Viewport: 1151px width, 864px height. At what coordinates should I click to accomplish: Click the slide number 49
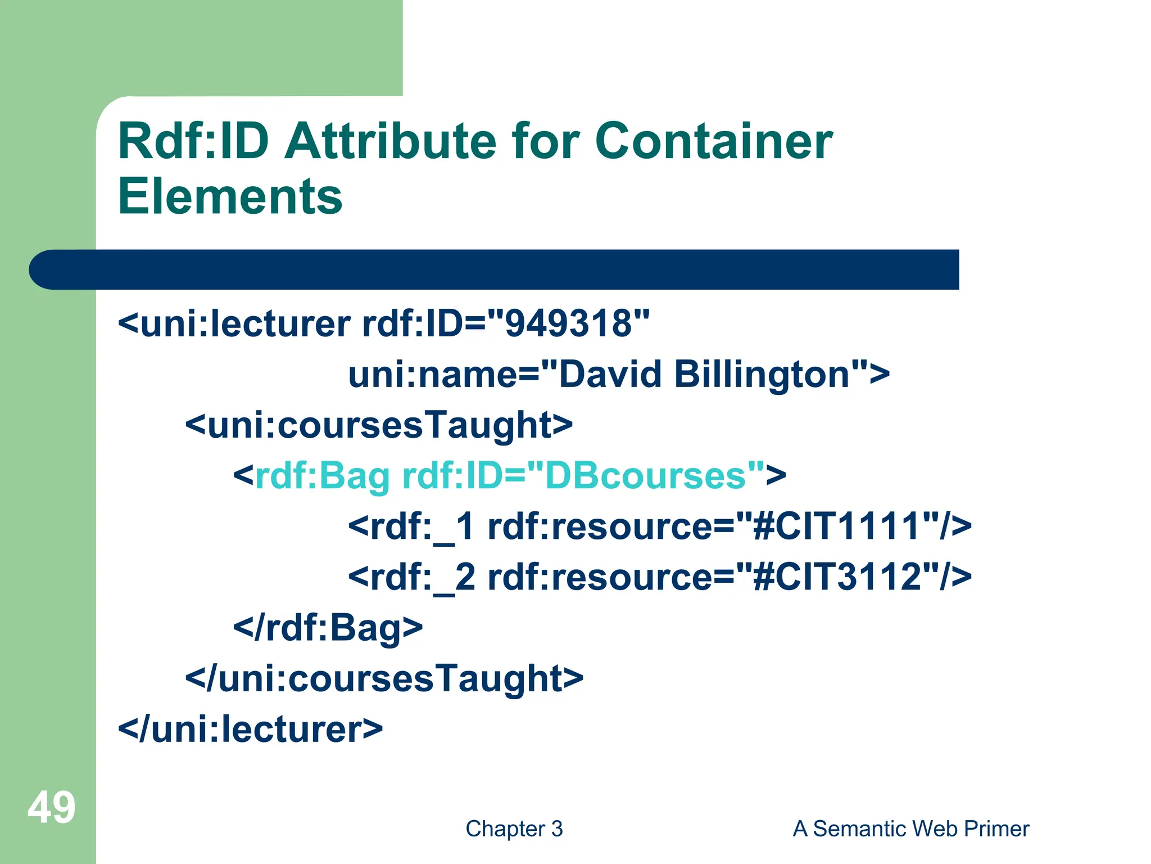51,808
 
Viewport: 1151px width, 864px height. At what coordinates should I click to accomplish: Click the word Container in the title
713,141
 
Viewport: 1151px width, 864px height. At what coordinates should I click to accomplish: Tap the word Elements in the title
230,196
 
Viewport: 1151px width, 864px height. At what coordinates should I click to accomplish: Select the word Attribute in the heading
390,141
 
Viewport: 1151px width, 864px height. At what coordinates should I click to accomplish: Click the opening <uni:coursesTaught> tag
379,425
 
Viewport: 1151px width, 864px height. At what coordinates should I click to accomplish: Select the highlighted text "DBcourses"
646,476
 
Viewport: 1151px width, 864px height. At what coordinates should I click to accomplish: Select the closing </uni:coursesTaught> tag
384,678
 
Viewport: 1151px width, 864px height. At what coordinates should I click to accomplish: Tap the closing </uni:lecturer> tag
250,729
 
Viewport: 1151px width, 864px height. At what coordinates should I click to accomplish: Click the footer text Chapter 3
514,829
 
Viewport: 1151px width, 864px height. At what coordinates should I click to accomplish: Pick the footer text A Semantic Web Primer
910,829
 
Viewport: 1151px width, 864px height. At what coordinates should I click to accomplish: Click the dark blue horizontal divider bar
495,269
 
